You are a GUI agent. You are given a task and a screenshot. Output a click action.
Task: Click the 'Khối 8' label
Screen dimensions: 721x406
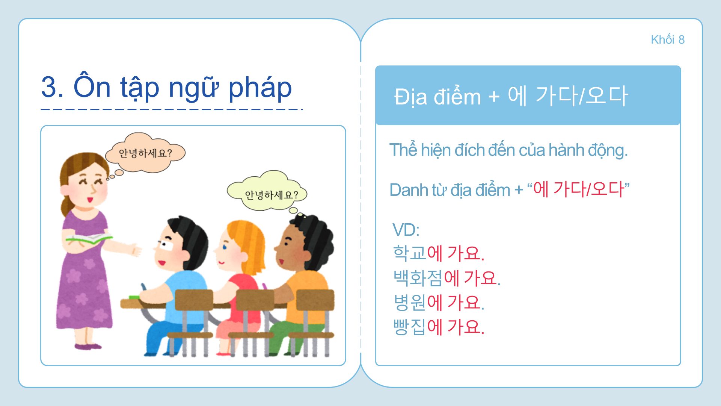pos(668,39)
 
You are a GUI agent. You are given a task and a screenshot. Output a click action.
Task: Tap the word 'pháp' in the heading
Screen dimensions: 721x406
pos(260,88)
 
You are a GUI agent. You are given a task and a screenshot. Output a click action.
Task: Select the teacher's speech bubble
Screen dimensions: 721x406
pos(145,152)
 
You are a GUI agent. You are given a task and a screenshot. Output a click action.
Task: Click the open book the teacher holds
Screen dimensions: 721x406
pos(89,239)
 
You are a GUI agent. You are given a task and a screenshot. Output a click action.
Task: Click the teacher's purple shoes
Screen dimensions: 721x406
pos(88,346)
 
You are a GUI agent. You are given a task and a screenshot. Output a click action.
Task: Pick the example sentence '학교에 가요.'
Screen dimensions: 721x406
pos(438,253)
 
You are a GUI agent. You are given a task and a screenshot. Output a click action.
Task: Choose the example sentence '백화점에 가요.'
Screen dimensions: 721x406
pos(447,278)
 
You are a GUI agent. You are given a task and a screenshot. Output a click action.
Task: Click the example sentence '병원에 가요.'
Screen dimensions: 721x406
pos(438,302)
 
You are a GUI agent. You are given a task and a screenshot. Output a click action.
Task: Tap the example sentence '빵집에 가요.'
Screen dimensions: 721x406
pos(438,327)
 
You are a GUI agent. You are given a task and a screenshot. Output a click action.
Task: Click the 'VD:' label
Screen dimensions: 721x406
pos(406,230)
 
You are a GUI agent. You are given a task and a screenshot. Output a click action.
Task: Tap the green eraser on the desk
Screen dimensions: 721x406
pos(134,297)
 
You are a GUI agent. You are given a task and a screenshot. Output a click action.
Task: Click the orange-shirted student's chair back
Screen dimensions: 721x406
pos(315,300)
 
